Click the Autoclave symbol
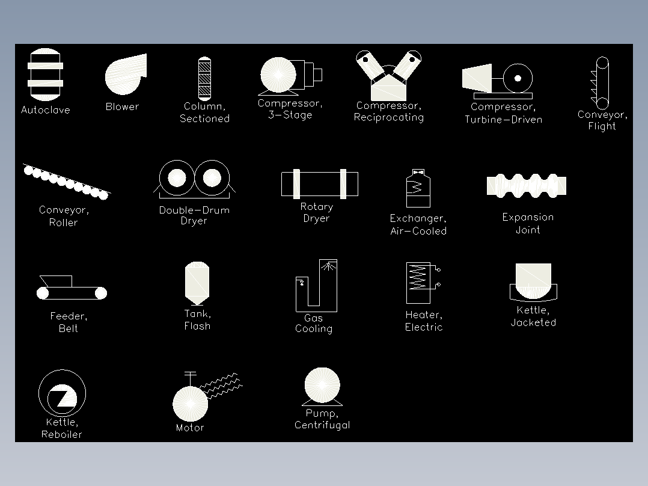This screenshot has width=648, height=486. click(x=46, y=75)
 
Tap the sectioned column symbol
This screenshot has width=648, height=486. click(x=204, y=79)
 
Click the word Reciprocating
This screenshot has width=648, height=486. click(x=389, y=117)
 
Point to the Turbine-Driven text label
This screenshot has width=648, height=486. click(x=503, y=120)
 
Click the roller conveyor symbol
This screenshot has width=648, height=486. click(x=67, y=181)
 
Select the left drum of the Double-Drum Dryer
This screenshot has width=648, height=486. click(x=177, y=177)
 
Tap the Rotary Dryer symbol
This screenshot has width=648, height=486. click(x=319, y=184)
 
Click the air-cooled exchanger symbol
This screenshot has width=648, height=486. click(x=418, y=188)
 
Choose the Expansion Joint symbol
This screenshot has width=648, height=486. click(x=527, y=186)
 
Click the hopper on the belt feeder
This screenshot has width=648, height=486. click(x=57, y=281)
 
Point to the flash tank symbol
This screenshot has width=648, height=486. click(x=197, y=283)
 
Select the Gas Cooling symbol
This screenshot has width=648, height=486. click(x=317, y=285)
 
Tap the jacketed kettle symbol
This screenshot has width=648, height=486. click(x=533, y=282)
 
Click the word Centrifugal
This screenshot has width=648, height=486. click(x=322, y=425)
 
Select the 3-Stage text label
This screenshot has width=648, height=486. click(x=290, y=115)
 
